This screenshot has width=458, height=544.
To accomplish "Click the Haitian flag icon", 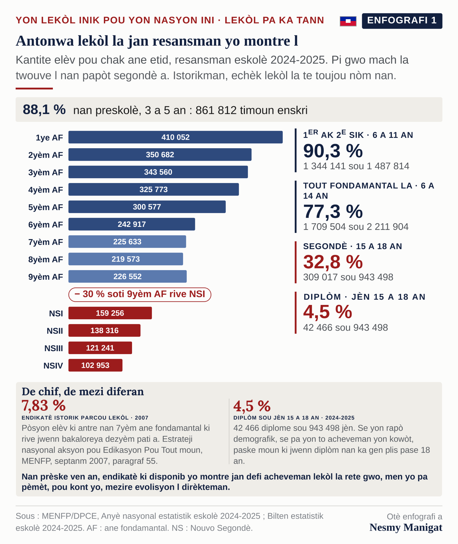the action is pyautogui.click(x=348, y=21).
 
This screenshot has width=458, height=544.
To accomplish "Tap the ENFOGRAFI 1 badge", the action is pyautogui.click(x=402, y=21).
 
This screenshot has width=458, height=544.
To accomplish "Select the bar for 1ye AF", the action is pyautogui.click(x=175, y=137).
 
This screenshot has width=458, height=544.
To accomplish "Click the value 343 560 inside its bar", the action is pyautogui.click(x=158, y=172).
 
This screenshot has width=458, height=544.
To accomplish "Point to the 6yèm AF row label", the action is pyautogui.click(x=46, y=225).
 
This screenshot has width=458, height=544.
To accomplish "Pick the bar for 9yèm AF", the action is pyautogui.click(x=128, y=277).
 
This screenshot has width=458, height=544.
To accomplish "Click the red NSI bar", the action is pyautogui.click(x=110, y=313).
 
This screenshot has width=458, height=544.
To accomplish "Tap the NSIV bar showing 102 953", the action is pyautogui.click(x=95, y=365).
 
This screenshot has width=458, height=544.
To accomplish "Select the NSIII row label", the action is pyautogui.click(x=54, y=348).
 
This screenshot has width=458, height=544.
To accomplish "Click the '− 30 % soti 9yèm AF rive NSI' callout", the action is pyautogui.click(x=140, y=295).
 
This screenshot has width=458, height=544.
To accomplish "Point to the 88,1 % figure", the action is pyautogui.click(x=44, y=109).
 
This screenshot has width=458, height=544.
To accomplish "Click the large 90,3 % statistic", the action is pyautogui.click(x=333, y=151).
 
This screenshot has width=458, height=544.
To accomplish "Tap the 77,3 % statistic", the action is pyautogui.click(x=333, y=211).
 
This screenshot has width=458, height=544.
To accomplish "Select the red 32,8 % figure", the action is pyautogui.click(x=333, y=262).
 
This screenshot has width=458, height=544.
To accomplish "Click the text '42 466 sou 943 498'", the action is pyautogui.click(x=345, y=328).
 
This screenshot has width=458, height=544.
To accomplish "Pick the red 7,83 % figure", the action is pyautogui.click(x=44, y=406).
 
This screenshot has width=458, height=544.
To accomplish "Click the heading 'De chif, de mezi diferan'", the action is pyautogui.click(x=83, y=392).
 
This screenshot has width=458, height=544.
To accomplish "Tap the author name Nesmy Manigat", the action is pyautogui.click(x=406, y=528).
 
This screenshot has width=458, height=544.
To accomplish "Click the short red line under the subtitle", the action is pyautogui.click(x=34, y=88).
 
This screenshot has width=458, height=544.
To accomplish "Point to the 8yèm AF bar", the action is pyautogui.click(x=126, y=259).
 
